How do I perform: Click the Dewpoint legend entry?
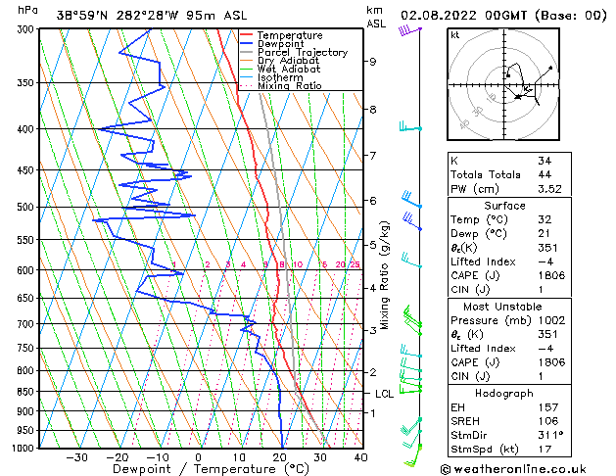click(280, 44)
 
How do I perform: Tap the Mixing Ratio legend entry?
click(289, 86)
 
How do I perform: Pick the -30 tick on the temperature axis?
click(76, 456)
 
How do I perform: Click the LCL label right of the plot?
click(385, 393)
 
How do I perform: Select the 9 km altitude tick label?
click(373, 62)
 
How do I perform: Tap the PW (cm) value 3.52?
click(549, 190)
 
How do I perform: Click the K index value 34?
click(545, 160)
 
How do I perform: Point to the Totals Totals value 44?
click(545, 175)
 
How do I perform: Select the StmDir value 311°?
click(550, 435)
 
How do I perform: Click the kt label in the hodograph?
click(455, 34)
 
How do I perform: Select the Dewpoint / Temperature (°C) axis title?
click(197, 469)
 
